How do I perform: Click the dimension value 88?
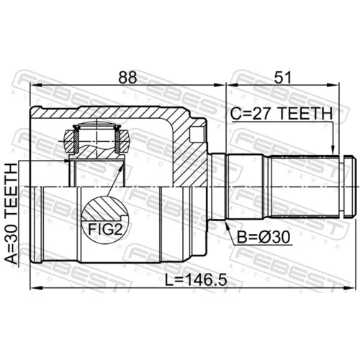[127, 77]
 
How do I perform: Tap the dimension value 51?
[282, 77]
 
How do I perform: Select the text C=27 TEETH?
[282, 114]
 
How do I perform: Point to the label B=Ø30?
[264, 237]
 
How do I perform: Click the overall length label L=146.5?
[196, 280]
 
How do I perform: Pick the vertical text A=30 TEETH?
[12, 214]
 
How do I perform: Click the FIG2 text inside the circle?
[105, 229]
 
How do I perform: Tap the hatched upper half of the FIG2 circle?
[104, 208]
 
